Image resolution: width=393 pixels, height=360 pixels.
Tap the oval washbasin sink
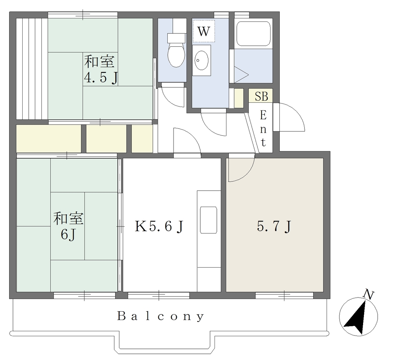201,60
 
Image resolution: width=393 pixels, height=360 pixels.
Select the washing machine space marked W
204,31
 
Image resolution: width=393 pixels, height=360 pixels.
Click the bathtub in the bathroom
253,34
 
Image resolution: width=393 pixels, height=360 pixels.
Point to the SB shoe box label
261,96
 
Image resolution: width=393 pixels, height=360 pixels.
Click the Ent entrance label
263,129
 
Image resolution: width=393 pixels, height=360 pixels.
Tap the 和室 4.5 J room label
100,69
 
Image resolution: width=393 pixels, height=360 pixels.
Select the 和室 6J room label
68,226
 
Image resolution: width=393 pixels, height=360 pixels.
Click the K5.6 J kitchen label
160,227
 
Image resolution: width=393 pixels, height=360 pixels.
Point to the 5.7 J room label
274,227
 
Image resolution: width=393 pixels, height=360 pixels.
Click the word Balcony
161,316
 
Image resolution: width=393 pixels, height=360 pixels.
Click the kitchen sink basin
208,220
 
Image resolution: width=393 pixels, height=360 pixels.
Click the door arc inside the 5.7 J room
247,174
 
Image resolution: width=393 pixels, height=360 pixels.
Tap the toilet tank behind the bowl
177,38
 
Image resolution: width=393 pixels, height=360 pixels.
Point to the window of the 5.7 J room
284,296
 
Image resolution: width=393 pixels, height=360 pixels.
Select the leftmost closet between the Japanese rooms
49,138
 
